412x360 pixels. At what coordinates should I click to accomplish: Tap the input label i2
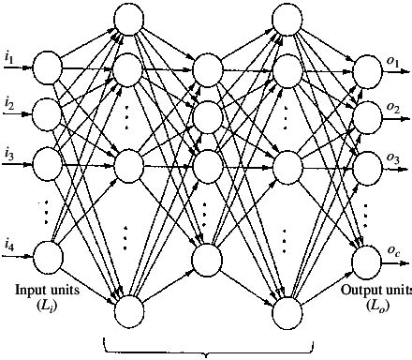pyautogui.click(x=9, y=101)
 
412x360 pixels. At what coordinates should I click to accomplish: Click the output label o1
pyautogui.click(x=392, y=62)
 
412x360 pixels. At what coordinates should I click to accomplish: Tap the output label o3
pyautogui.click(x=392, y=158)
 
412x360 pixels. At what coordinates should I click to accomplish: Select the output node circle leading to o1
pyautogui.click(x=364, y=68)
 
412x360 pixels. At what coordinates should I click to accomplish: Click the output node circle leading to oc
pyautogui.click(x=364, y=256)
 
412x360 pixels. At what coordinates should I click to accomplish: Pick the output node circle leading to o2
pyautogui.click(x=364, y=116)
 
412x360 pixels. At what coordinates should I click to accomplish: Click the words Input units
pyautogui.click(x=47, y=290)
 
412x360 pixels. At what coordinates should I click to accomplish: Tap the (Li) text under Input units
pyautogui.click(x=47, y=306)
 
